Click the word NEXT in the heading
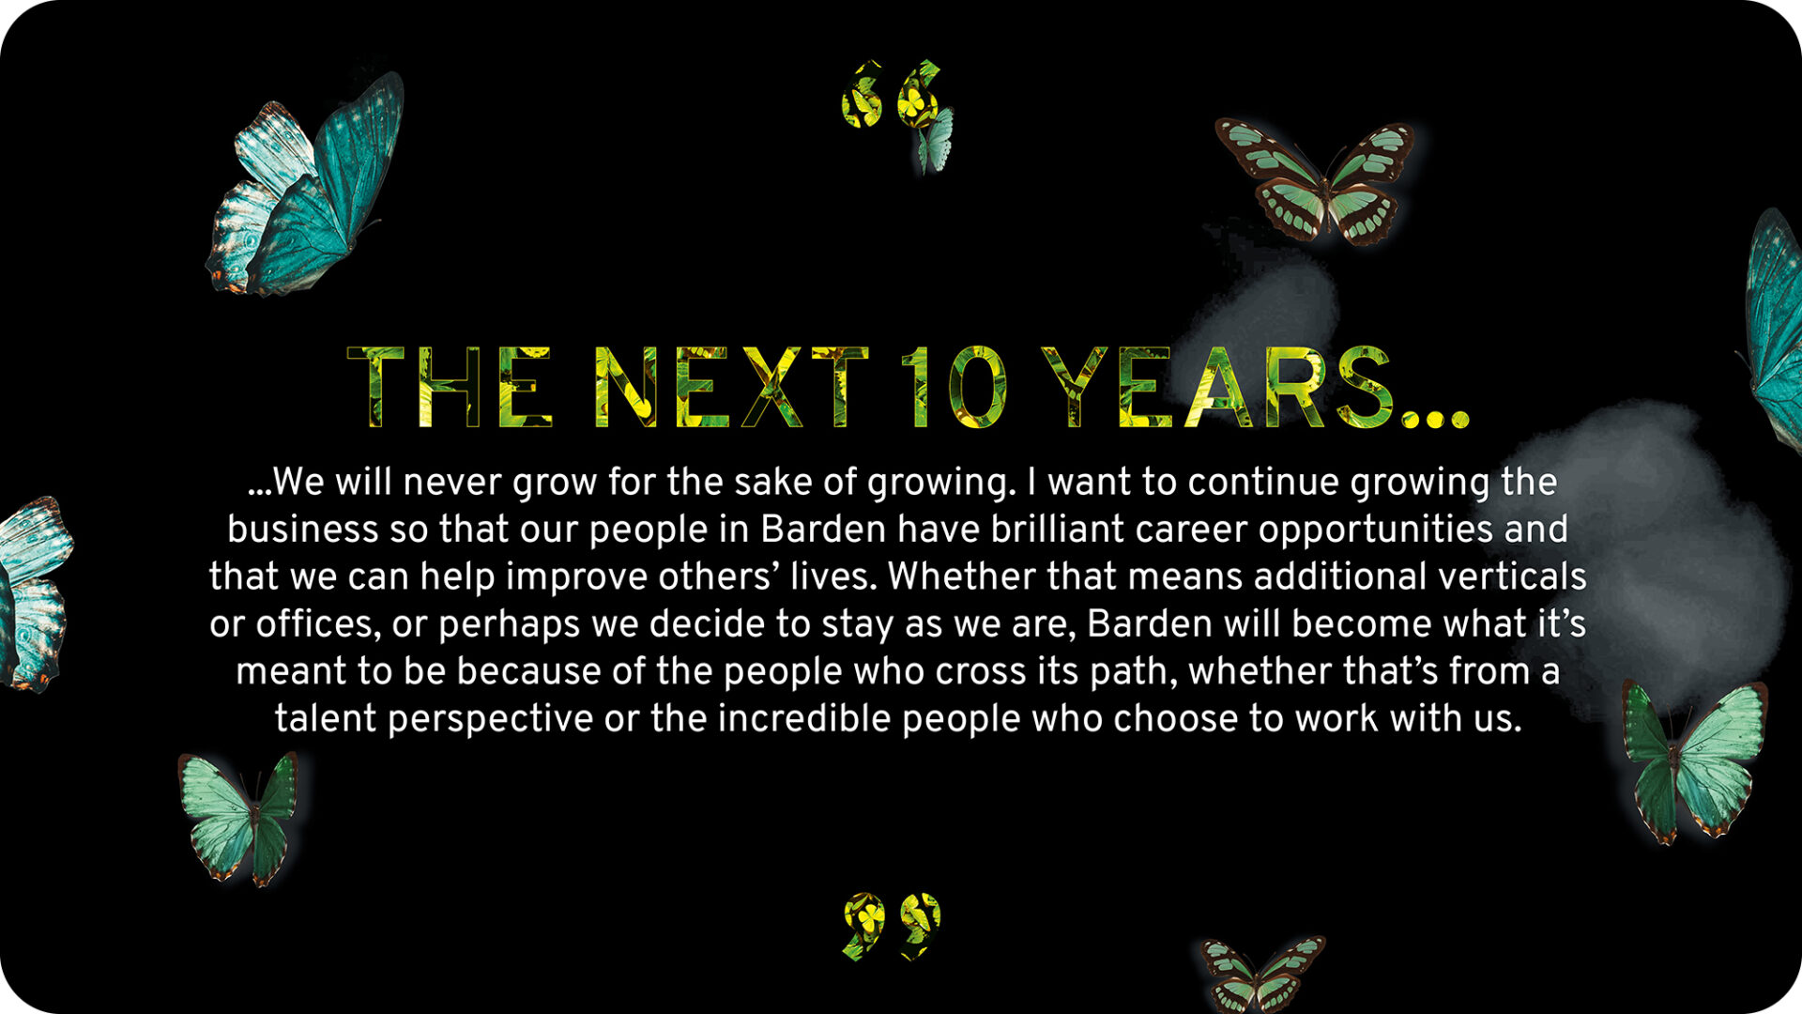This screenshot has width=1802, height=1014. click(733, 387)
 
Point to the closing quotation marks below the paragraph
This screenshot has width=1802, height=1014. click(891, 926)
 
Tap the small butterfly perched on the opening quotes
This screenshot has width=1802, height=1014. click(936, 141)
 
